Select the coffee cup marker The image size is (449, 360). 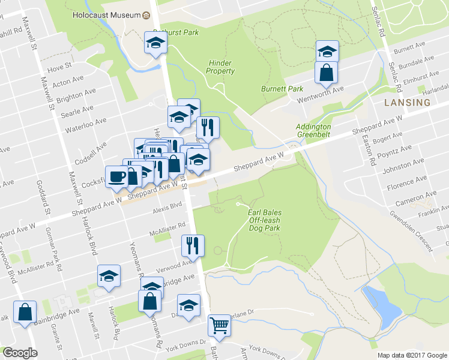pos(116,176)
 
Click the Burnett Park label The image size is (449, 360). pos(282,89)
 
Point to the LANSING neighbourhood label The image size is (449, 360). pos(408,103)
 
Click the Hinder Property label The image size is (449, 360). pos(220,67)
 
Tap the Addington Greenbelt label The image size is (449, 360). pos(313,131)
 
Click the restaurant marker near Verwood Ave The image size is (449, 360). pos(193,245)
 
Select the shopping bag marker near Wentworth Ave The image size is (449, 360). pos(326,73)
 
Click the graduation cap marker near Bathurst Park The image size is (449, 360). pos(155,43)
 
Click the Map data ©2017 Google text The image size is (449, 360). pos(412,355)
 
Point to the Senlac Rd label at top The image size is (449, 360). pos(378,20)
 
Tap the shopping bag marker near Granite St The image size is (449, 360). pos(25,312)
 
